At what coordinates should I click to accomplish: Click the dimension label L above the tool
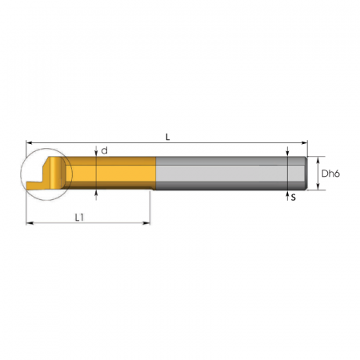[167, 137]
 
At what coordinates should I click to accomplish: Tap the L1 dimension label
[79, 218]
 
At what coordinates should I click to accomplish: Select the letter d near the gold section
[105, 150]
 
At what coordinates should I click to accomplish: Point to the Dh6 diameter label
[330, 174]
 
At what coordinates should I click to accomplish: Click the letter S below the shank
[294, 198]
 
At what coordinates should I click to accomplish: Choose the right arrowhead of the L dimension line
[304, 143]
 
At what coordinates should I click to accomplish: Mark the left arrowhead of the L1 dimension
[30, 223]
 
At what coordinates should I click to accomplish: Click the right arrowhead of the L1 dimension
[146, 223]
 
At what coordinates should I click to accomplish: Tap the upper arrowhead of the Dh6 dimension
[318, 160]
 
